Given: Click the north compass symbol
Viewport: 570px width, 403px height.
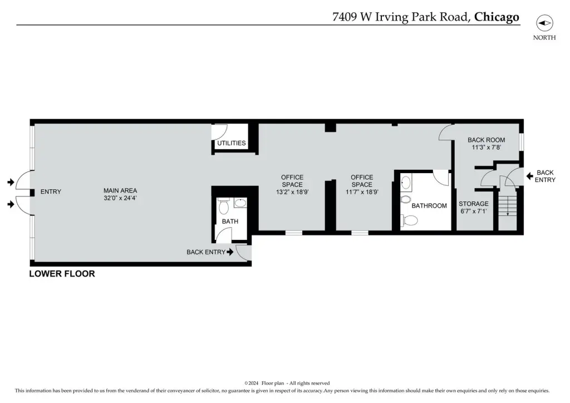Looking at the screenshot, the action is (x=544, y=23).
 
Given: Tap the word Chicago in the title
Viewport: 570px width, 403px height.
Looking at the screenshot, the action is (x=497, y=17).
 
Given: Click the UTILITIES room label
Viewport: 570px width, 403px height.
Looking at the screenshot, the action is (x=231, y=143).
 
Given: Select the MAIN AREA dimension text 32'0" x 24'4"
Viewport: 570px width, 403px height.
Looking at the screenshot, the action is (x=120, y=198).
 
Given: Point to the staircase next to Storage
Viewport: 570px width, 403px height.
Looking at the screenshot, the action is (x=507, y=205).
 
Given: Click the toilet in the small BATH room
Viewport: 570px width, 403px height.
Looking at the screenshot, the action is (x=223, y=206).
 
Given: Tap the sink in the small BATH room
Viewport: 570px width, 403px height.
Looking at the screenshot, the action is (x=240, y=203).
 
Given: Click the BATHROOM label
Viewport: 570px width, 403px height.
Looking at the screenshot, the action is (x=429, y=206).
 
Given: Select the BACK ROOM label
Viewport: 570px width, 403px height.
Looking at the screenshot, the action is (x=486, y=140).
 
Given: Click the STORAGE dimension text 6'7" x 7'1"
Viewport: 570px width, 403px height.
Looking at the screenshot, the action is (x=473, y=211).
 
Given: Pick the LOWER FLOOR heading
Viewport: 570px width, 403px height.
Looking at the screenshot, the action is (x=62, y=274).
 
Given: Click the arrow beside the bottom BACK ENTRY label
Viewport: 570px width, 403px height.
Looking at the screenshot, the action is (x=230, y=252).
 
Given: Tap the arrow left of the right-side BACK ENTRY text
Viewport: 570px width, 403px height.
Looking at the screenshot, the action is (x=530, y=176).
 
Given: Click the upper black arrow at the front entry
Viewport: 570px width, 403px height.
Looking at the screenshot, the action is (x=11, y=181).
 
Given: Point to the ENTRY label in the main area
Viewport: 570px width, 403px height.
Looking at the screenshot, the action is (x=51, y=191).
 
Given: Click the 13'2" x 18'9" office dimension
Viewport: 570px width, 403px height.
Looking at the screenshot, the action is (x=292, y=192).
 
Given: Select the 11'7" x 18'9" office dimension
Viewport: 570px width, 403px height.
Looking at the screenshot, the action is (x=362, y=192).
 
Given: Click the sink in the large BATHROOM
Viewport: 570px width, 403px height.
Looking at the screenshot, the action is (x=406, y=182).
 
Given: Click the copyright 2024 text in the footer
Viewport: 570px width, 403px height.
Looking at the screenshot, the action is (x=252, y=383).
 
